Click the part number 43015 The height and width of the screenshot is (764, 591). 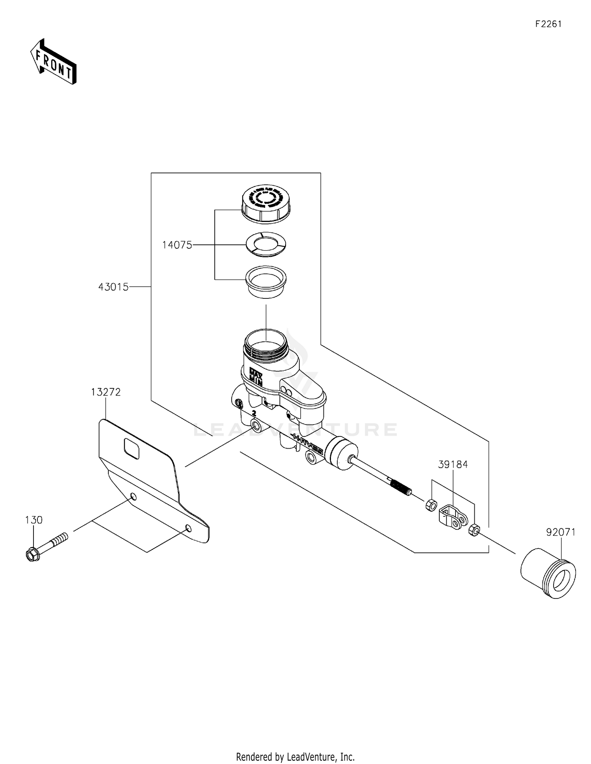coord(113,287)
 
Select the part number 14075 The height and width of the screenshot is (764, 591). coord(177,245)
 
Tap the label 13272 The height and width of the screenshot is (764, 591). coord(106,392)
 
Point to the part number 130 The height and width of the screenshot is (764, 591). coord(33,520)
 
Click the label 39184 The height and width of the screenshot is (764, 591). coord(453,464)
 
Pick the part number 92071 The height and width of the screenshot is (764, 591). coord(561,532)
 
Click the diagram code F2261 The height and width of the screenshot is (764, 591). coord(548,24)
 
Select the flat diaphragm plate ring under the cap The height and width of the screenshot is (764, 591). coord(266,244)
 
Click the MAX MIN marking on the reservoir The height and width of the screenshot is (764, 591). coord(256,376)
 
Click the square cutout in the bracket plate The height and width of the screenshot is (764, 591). coord(132,449)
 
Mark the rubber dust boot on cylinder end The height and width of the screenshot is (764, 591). coord(342,454)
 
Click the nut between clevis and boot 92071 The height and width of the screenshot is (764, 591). coord(474,530)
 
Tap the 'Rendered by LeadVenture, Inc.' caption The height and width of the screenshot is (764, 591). coord(295,757)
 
